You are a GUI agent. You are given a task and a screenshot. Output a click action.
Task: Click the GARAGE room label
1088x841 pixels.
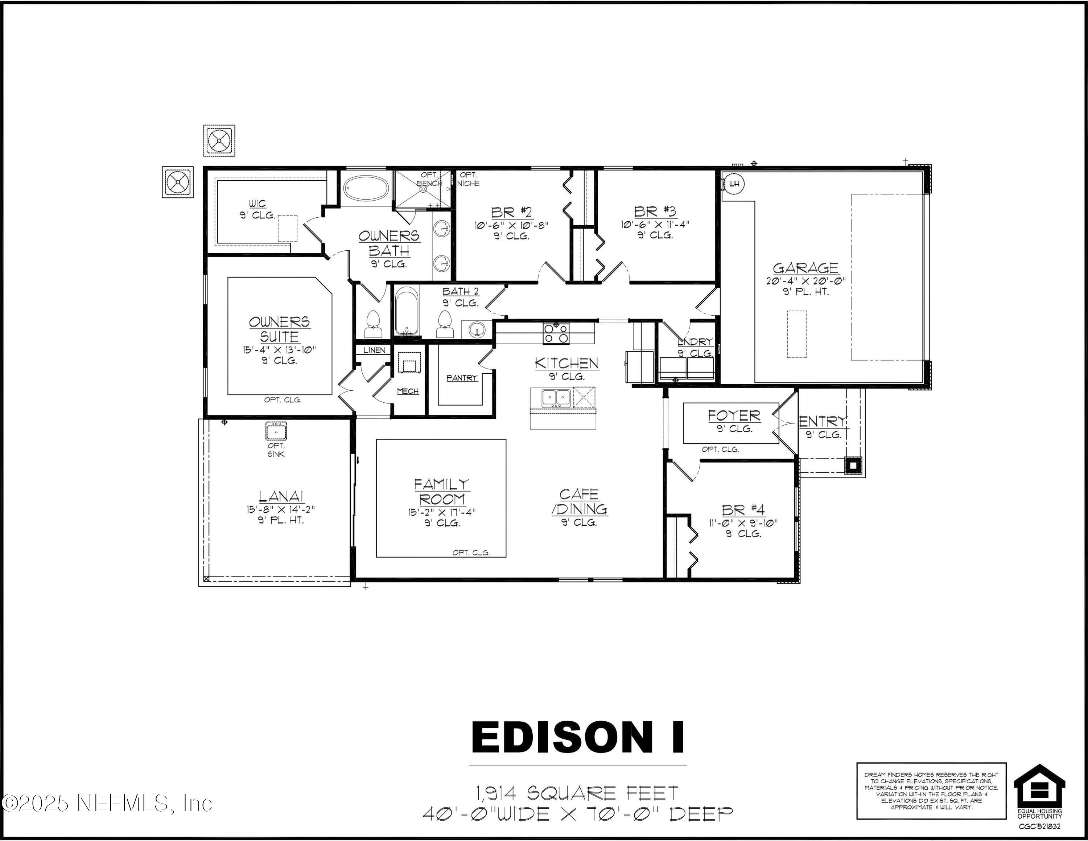(x=805, y=268)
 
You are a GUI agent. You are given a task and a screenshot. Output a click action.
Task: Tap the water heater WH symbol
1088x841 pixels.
(x=734, y=184)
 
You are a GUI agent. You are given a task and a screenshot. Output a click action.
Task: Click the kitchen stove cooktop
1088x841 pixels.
(x=556, y=333)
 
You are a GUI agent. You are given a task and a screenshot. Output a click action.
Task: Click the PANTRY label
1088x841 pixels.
(x=462, y=378)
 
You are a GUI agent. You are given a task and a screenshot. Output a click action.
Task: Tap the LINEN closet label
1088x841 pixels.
(x=374, y=350)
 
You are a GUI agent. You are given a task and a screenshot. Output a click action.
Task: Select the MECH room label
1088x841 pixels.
(x=408, y=391)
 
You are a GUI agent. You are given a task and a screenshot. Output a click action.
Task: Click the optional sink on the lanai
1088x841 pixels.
(x=276, y=430)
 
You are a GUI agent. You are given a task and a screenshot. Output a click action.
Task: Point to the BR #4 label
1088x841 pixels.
(x=743, y=510)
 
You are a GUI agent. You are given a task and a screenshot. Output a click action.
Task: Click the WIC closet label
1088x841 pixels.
(x=257, y=203)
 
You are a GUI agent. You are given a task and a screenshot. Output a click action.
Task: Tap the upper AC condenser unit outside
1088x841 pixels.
(x=219, y=141)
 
